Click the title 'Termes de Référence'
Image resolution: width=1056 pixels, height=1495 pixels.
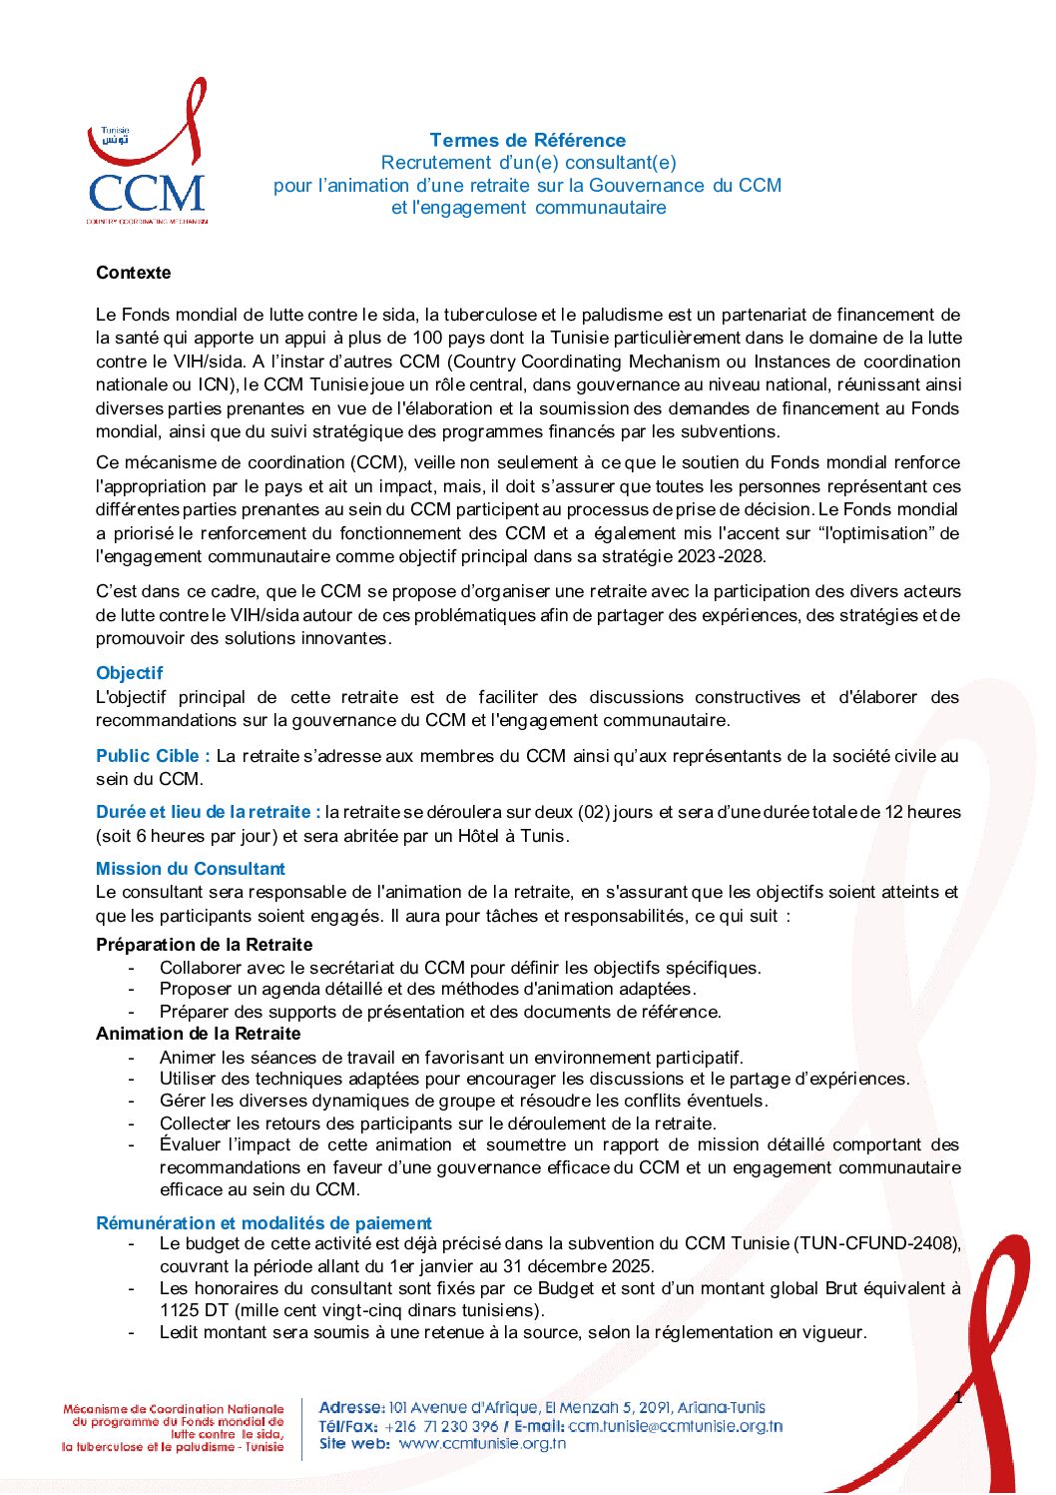(x=527, y=141)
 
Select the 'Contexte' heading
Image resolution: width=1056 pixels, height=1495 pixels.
(x=133, y=273)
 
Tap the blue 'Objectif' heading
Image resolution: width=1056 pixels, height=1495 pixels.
(x=129, y=673)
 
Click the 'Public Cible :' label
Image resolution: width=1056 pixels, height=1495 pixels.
(x=153, y=756)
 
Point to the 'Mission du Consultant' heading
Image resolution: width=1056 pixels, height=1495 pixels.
(x=190, y=869)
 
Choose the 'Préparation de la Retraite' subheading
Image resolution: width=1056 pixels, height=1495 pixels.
(x=204, y=945)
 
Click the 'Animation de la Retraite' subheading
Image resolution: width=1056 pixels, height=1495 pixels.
(x=198, y=1034)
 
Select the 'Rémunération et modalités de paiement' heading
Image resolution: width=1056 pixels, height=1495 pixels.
(x=264, y=1223)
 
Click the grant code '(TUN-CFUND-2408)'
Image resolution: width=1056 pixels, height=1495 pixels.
(x=876, y=1244)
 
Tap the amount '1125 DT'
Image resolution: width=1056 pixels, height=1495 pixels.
(x=195, y=1310)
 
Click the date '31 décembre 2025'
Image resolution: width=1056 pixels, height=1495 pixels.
(x=575, y=1266)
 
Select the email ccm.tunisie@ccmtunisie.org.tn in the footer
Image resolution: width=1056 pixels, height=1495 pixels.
(x=675, y=1426)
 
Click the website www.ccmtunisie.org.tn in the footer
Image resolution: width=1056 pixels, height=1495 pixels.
(x=482, y=1443)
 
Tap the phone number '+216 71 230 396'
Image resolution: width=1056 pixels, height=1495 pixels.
(x=441, y=1426)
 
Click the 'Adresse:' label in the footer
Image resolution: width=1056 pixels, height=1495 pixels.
(x=351, y=1408)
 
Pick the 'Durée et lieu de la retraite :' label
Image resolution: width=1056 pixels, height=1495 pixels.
(x=208, y=812)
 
